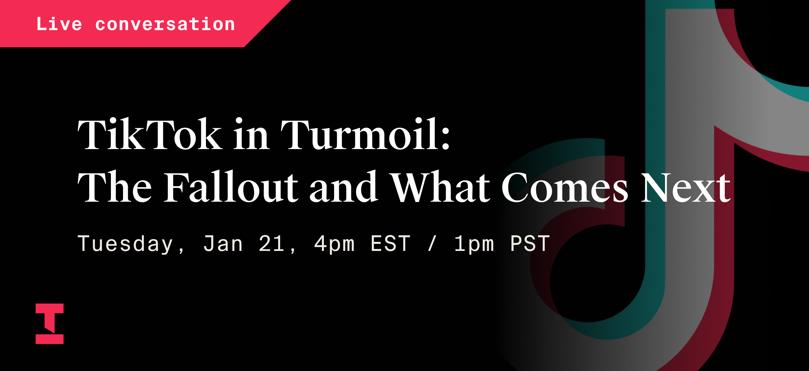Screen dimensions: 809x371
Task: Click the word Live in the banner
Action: [x=59, y=24]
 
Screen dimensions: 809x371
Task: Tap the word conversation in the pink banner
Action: [x=165, y=24]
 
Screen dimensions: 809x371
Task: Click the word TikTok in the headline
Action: [x=150, y=134]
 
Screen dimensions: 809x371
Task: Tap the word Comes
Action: [x=565, y=187]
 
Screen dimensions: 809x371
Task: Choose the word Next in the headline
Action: [x=686, y=187]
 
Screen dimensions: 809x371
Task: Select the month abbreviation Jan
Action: [x=223, y=244]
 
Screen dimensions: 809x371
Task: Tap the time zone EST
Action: [x=390, y=244]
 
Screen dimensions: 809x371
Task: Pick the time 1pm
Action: [x=474, y=244]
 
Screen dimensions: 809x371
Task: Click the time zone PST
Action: [x=530, y=244]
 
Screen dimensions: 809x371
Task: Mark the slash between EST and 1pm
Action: [x=432, y=244]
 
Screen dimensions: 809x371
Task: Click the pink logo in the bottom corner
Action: [x=50, y=323]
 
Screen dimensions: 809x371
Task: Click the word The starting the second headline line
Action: [x=115, y=187]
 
